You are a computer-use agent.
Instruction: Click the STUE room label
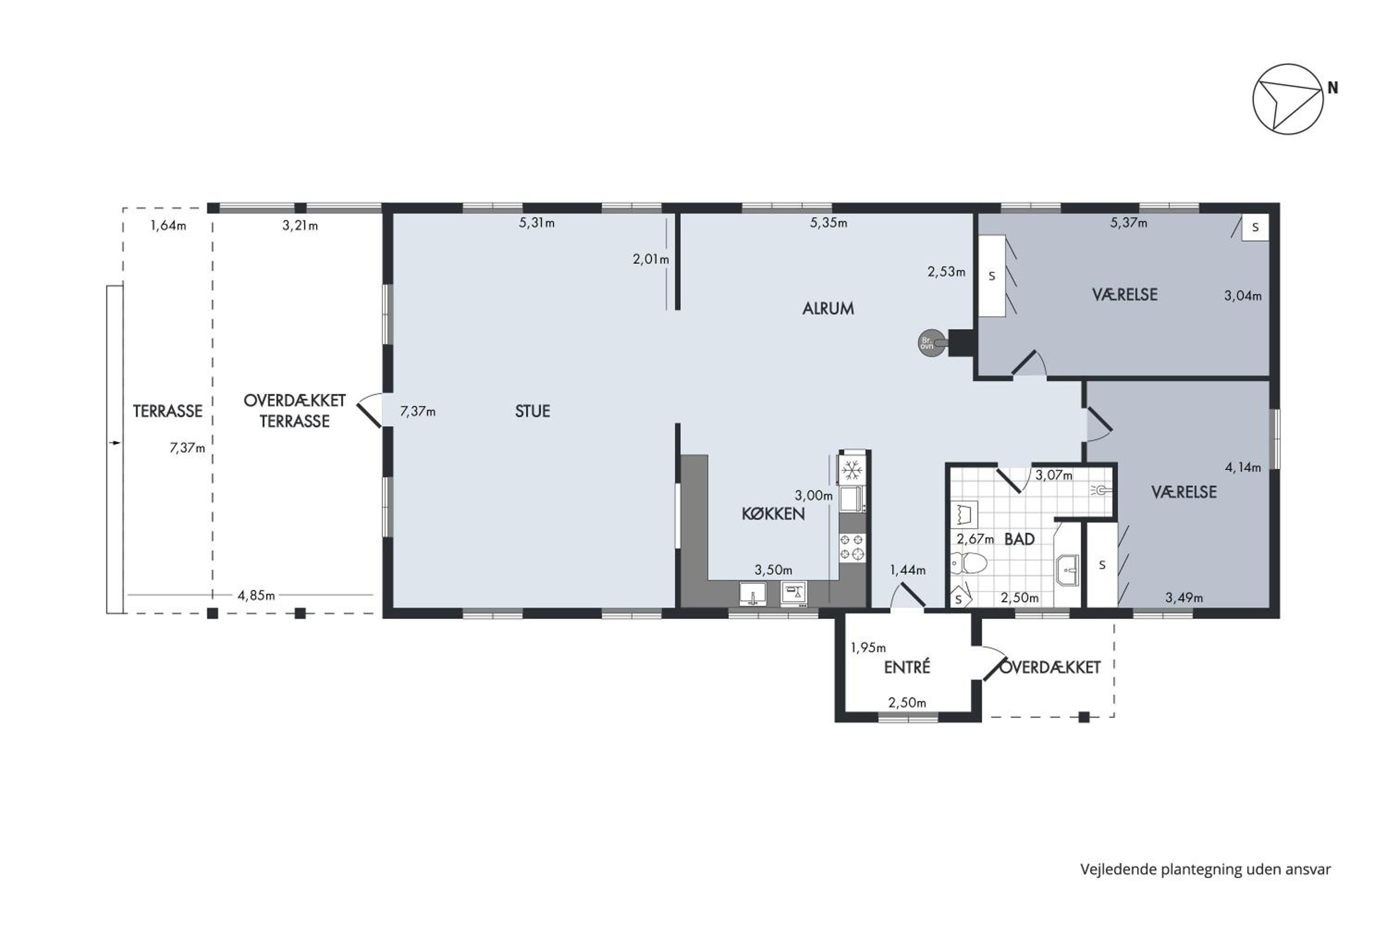click(533, 411)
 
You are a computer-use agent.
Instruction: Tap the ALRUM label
click(828, 308)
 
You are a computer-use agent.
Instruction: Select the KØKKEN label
click(773, 513)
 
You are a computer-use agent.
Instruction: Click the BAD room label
click(1019, 539)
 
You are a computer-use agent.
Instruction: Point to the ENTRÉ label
click(907, 667)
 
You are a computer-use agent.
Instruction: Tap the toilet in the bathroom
click(968, 563)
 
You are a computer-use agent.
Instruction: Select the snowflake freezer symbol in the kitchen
click(852, 470)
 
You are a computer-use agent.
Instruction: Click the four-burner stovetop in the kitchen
click(852, 547)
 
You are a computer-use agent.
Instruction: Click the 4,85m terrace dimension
click(256, 595)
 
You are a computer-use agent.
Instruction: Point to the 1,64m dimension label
click(168, 225)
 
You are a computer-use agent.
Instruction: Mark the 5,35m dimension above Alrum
click(829, 222)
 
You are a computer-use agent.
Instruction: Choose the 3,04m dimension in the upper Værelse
click(1243, 296)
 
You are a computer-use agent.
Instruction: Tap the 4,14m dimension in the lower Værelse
click(1243, 467)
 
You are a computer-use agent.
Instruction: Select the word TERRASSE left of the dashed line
click(167, 411)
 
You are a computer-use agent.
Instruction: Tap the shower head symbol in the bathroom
click(1101, 490)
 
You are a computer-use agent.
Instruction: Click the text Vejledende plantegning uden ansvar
click(1205, 869)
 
